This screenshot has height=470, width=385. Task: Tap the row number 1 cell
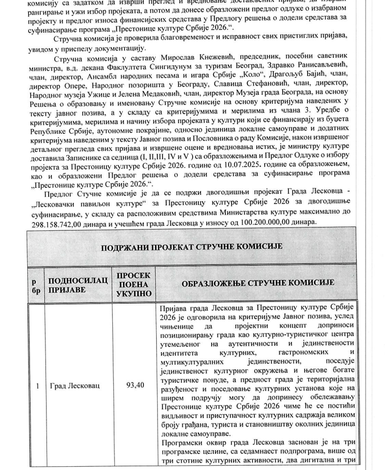point(35,384)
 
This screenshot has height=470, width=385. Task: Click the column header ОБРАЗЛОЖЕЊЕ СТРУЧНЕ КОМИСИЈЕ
point(257,282)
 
